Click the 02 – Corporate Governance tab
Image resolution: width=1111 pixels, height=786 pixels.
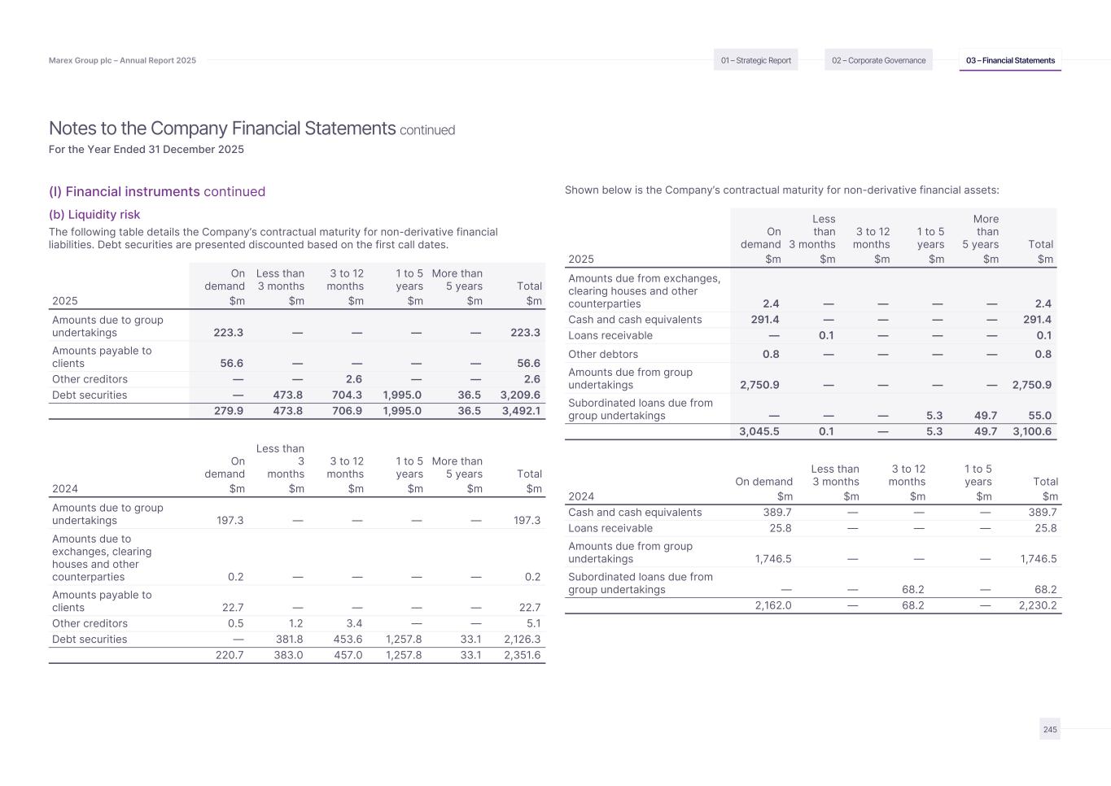pos(878,60)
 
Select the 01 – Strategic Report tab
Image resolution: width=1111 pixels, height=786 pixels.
pos(755,60)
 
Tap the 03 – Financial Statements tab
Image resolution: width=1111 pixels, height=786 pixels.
pos(1010,60)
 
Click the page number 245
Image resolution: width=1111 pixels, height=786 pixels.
pos(1050,730)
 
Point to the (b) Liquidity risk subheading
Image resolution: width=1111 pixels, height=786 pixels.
pos(94,215)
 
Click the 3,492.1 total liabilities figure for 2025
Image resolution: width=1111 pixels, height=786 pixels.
pos(521,411)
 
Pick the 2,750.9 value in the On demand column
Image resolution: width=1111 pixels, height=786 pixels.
pos(759,385)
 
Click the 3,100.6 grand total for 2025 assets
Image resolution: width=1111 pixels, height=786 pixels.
pos(1031,431)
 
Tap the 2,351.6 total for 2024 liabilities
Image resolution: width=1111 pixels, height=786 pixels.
pos(521,655)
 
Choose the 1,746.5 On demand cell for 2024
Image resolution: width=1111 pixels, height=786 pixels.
pos(768,559)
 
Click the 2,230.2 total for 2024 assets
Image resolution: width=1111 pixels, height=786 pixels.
pos(1037,605)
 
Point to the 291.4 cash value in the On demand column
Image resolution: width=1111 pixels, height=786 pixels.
pos(764,320)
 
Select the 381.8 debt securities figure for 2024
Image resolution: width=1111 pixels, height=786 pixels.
pos(286,640)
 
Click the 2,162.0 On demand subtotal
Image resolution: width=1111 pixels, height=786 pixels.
pos(770,605)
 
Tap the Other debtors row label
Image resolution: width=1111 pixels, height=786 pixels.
pos(603,354)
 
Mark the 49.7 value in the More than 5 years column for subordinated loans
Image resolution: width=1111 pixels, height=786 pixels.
pos(985,416)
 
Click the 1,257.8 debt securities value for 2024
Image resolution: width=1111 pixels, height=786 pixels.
pos(402,640)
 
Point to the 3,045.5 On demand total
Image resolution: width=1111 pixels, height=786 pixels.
pos(759,431)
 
